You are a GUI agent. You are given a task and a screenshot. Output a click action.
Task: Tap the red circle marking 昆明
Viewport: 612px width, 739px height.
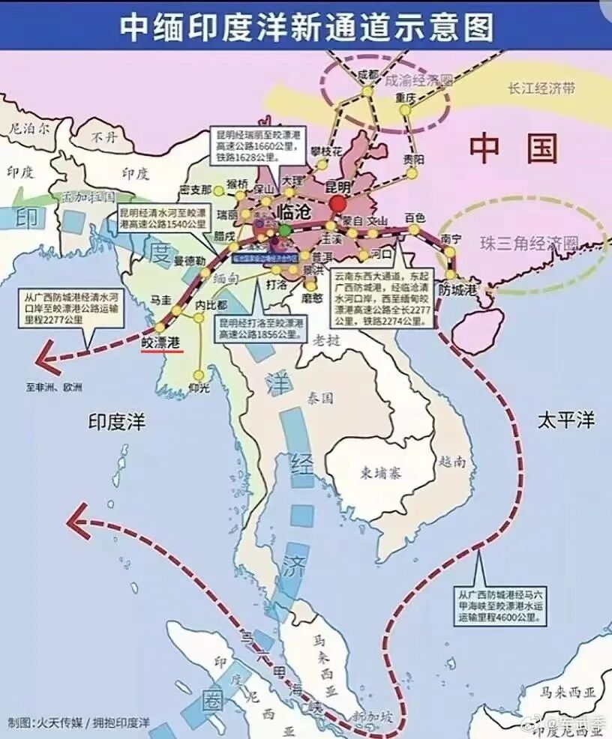click(x=337, y=204)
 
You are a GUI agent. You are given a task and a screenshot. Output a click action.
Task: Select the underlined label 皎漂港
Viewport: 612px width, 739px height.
click(x=162, y=342)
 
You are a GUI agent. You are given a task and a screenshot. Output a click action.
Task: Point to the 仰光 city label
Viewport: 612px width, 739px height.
click(x=199, y=387)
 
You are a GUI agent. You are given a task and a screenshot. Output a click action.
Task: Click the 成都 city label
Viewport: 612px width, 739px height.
click(x=368, y=74)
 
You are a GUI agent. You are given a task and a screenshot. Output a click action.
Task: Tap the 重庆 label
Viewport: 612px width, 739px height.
click(x=405, y=98)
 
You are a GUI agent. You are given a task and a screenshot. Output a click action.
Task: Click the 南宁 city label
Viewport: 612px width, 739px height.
click(x=451, y=238)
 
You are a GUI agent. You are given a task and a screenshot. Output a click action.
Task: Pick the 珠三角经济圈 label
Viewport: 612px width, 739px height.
click(x=529, y=243)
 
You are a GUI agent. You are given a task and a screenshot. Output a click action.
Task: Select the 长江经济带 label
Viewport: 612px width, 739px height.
click(x=541, y=88)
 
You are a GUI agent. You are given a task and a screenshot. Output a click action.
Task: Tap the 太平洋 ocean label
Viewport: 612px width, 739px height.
click(x=565, y=420)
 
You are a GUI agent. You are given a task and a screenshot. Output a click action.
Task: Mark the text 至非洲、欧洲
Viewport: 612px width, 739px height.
click(x=54, y=387)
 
